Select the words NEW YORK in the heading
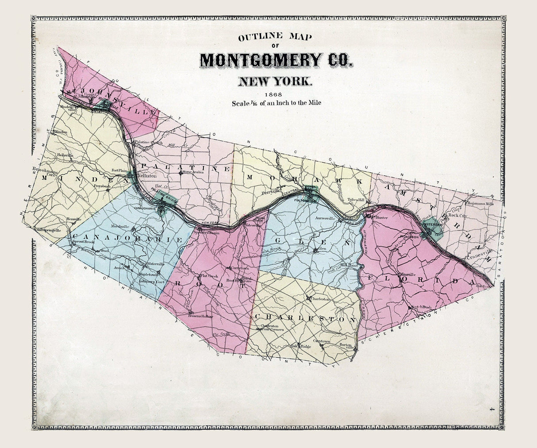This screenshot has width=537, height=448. [276, 81]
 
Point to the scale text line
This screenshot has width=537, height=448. [276, 103]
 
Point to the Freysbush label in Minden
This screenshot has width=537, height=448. [102, 186]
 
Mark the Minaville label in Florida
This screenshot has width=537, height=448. [406, 274]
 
